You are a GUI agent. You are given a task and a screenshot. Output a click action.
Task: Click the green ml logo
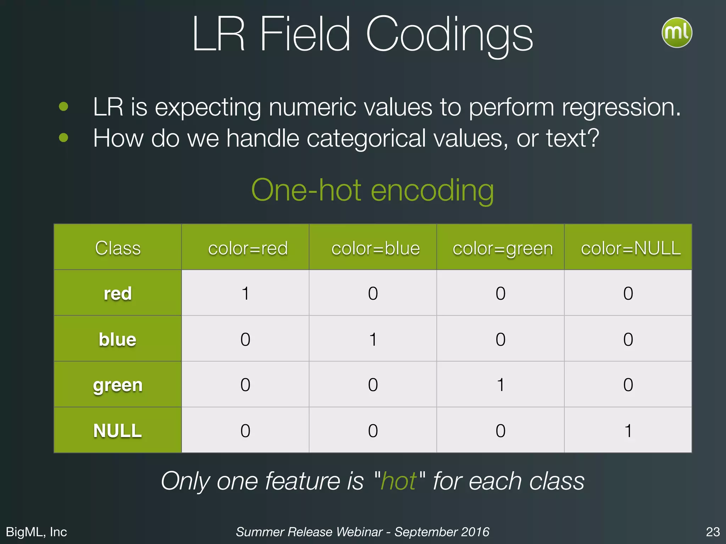(x=677, y=33)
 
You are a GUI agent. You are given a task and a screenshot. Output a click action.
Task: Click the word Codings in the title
(x=449, y=35)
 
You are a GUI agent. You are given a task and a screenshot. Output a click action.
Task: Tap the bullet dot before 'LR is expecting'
(x=63, y=106)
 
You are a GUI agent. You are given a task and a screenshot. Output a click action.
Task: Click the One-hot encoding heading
(x=372, y=190)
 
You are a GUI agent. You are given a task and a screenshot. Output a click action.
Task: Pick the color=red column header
(x=247, y=248)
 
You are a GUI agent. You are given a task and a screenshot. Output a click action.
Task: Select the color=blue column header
(x=375, y=248)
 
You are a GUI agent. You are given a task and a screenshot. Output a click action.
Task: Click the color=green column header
(x=502, y=248)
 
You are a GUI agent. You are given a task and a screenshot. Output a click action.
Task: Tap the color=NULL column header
(x=630, y=248)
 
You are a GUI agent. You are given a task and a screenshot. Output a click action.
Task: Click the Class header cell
(x=118, y=248)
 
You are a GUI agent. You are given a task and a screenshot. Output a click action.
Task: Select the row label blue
(x=117, y=339)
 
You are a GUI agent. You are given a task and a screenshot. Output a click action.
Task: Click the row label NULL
(x=117, y=431)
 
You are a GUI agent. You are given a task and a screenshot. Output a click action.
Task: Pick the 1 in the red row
(x=245, y=293)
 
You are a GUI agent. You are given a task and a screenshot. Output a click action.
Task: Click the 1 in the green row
(x=501, y=385)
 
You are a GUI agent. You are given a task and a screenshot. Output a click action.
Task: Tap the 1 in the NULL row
(x=628, y=431)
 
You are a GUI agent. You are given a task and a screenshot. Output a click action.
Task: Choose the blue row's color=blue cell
(x=373, y=339)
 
